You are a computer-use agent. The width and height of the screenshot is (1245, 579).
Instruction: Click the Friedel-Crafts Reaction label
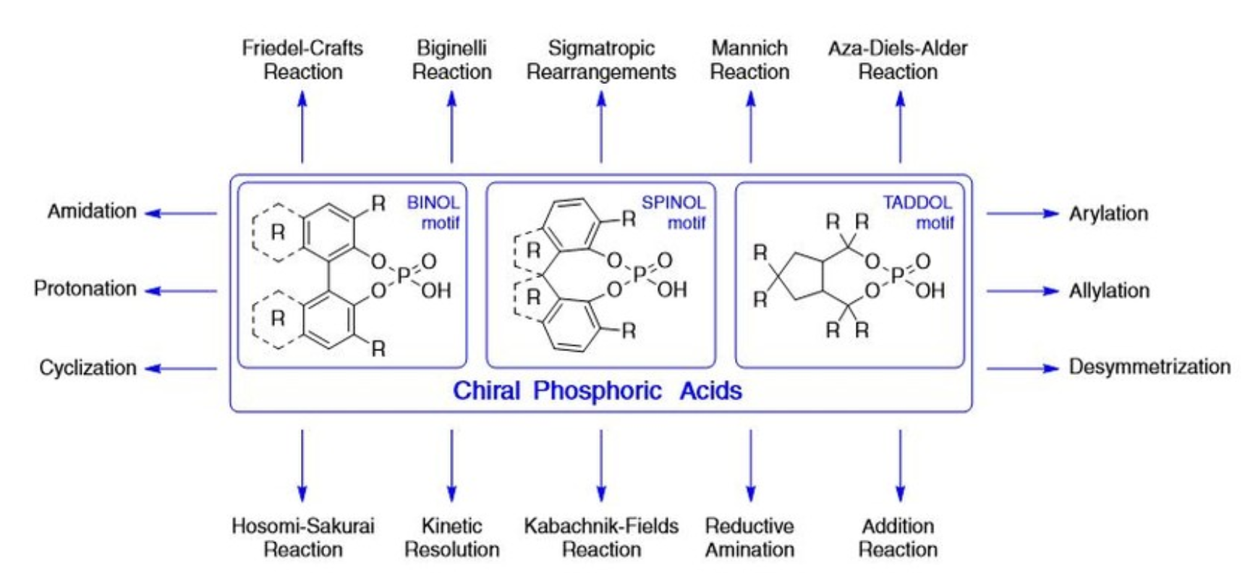click(x=302, y=60)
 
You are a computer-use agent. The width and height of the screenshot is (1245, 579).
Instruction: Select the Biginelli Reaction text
click(x=451, y=60)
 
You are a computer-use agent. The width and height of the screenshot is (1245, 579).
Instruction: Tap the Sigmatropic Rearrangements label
click(x=601, y=60)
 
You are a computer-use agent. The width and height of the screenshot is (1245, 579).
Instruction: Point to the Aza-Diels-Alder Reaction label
click(x=898, y=60)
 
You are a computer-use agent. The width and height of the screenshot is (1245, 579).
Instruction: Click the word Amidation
click(x=92, y=211)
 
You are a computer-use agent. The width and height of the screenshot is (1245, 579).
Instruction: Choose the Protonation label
click(x=85, y=289)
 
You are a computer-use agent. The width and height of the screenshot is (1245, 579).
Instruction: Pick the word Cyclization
click(x=88, y=368)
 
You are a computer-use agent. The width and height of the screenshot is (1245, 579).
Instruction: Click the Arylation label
click(x=1108, y=214)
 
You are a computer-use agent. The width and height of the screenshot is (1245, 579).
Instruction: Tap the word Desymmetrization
click(x=1150, y=367)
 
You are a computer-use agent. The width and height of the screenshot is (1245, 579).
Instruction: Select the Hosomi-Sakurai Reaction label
click(x=302, y=537)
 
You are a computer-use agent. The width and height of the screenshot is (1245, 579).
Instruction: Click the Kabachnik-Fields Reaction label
click(x=601, y=537)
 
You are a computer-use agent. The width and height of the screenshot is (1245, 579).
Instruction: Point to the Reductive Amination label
click(x=749, y=537)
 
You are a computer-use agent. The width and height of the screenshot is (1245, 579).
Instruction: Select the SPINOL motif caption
click(x=674, y=212)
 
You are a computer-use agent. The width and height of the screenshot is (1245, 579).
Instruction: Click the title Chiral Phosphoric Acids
click(x=598, y=391)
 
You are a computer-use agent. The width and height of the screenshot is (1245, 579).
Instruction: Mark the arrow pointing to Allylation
click(x=1022, y=291)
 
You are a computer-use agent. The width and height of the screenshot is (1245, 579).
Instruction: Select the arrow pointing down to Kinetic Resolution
click(x=451, y=465)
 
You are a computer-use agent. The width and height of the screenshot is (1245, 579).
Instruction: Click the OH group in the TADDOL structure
click(x=930, y=291)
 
